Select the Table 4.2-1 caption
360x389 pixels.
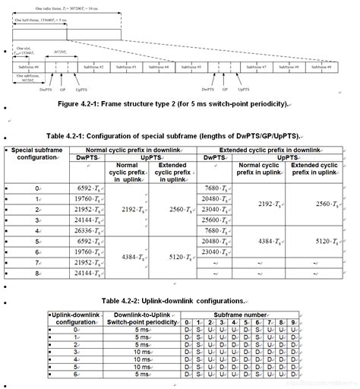(x=180, y=134)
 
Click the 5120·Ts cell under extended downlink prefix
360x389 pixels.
(x=333, y=241)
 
